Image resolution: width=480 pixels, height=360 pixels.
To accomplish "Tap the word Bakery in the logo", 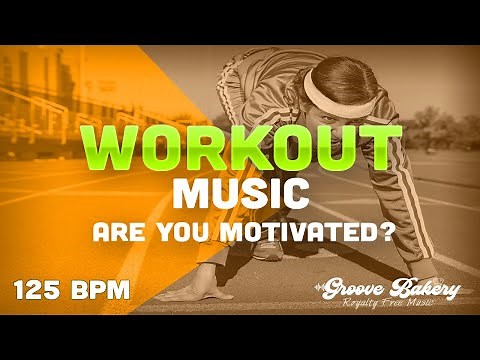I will (426, 290).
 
